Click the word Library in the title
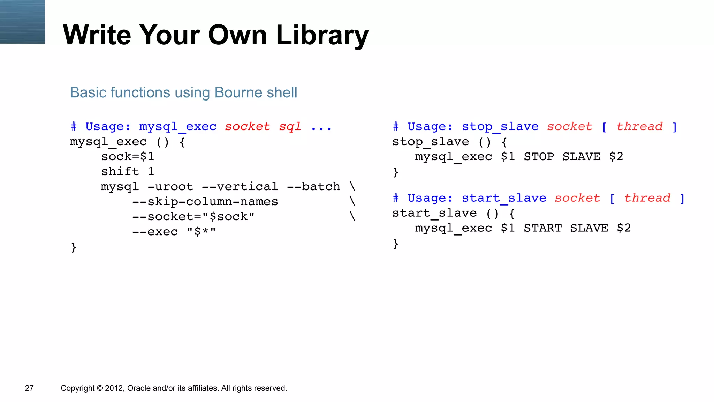click(322, 36)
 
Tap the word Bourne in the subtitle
click(237, 93)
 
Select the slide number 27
click(29, 388)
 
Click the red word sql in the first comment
click(290, 126)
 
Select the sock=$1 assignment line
click(128, 157)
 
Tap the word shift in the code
click(120, 172)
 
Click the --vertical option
click(240, 187)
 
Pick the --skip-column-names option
click(205, 202)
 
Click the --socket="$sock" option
click(193, 217)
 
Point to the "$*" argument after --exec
click(201, 232)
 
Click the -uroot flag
click(170, 187)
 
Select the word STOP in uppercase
click(539, 157)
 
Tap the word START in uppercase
click(542, 228)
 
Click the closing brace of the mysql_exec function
click(74, 247)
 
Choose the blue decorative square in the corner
click(22, 22)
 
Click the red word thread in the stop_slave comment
click(639, 126)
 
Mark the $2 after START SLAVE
click(624, 228)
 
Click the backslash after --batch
click(352, 187)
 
